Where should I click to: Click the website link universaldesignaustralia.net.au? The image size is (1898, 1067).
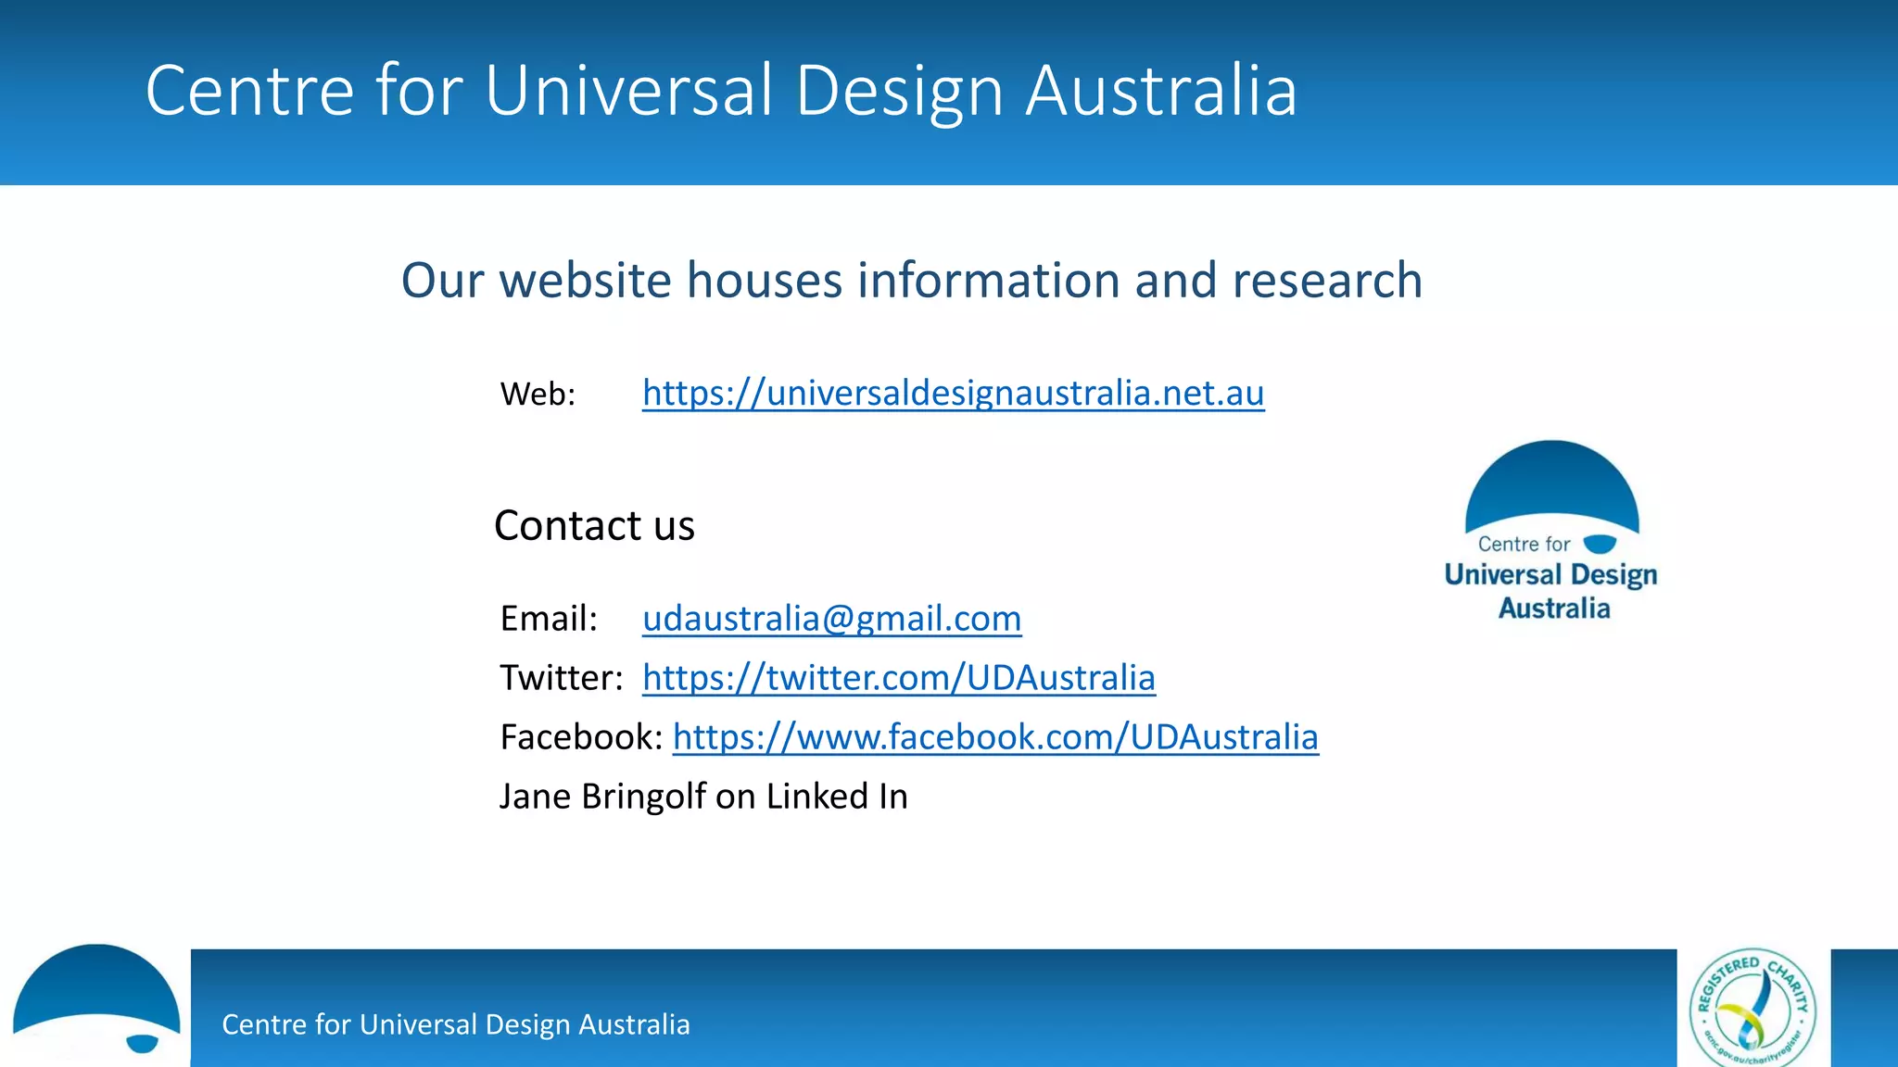click(953, 394)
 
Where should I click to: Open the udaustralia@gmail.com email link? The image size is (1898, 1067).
click(831, 619)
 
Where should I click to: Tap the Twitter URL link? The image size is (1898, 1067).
click(898, 678)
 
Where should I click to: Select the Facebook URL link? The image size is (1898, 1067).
click(995, 737)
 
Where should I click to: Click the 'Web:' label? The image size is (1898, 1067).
click(538, 395)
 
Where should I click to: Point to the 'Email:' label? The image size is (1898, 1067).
click(549, 619)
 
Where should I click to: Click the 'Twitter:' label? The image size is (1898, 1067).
click(561, 678)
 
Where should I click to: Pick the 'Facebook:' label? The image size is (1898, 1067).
click(581, 737)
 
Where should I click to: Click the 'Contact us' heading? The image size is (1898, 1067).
click(594, 526)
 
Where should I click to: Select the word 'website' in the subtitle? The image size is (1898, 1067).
click(585, 280)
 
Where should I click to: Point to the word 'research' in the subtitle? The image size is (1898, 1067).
click(1327, 280)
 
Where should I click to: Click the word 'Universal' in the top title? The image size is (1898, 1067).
click(628, 91)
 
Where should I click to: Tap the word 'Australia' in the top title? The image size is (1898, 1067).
click(1161, 91)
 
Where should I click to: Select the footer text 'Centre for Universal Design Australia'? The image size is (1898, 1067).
click(456, 1024)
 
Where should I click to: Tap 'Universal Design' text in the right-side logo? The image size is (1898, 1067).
click(1550, 575)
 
